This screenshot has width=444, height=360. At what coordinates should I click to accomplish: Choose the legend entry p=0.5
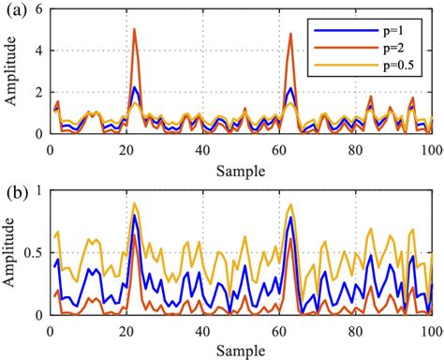tap(404, 65)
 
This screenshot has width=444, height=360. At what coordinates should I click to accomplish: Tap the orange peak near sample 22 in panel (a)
tap(134, 29)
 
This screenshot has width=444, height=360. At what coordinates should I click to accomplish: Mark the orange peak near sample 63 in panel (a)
tap(290, 35)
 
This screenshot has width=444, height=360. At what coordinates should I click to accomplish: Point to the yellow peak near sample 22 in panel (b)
tap(134, 203)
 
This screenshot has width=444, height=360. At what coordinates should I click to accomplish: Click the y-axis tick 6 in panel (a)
tap(40, 8)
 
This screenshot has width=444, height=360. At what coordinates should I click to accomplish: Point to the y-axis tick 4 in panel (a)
tap(40, 50)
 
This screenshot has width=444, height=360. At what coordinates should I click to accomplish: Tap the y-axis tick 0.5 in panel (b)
tap(34, 253)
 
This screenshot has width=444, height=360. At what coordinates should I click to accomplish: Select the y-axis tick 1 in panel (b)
tap(40, 191)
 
